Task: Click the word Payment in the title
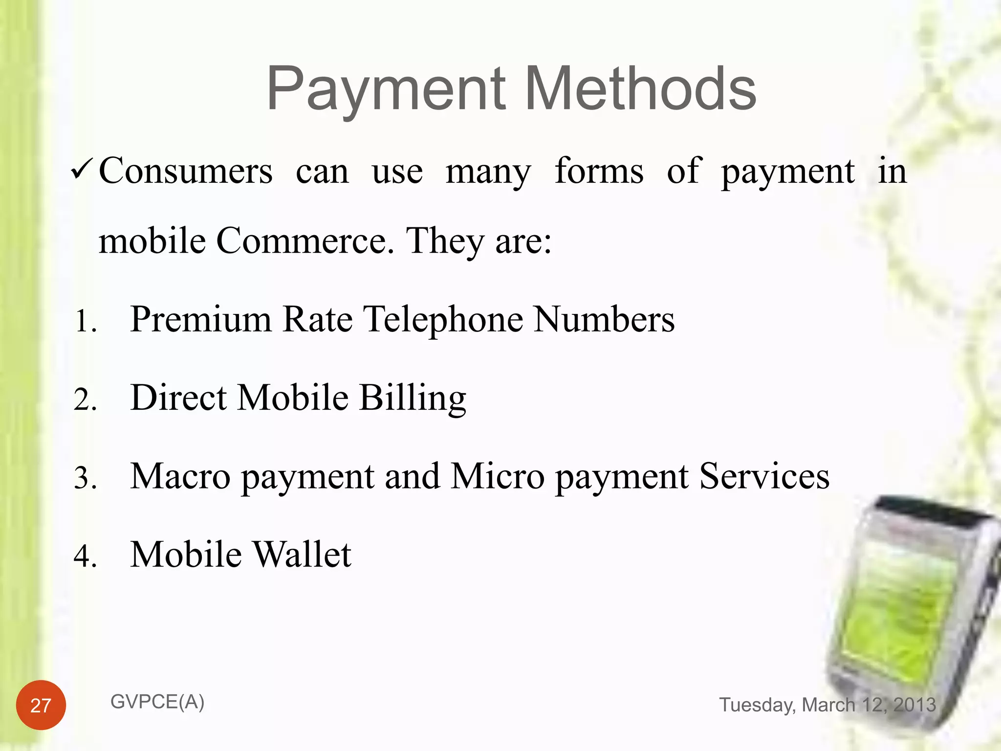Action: pos(386,90)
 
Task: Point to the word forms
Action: pos(599,171)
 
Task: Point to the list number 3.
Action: pos(85,479)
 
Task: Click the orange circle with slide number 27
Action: pos(41,705)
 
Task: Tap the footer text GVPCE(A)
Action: pos(157,702)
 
